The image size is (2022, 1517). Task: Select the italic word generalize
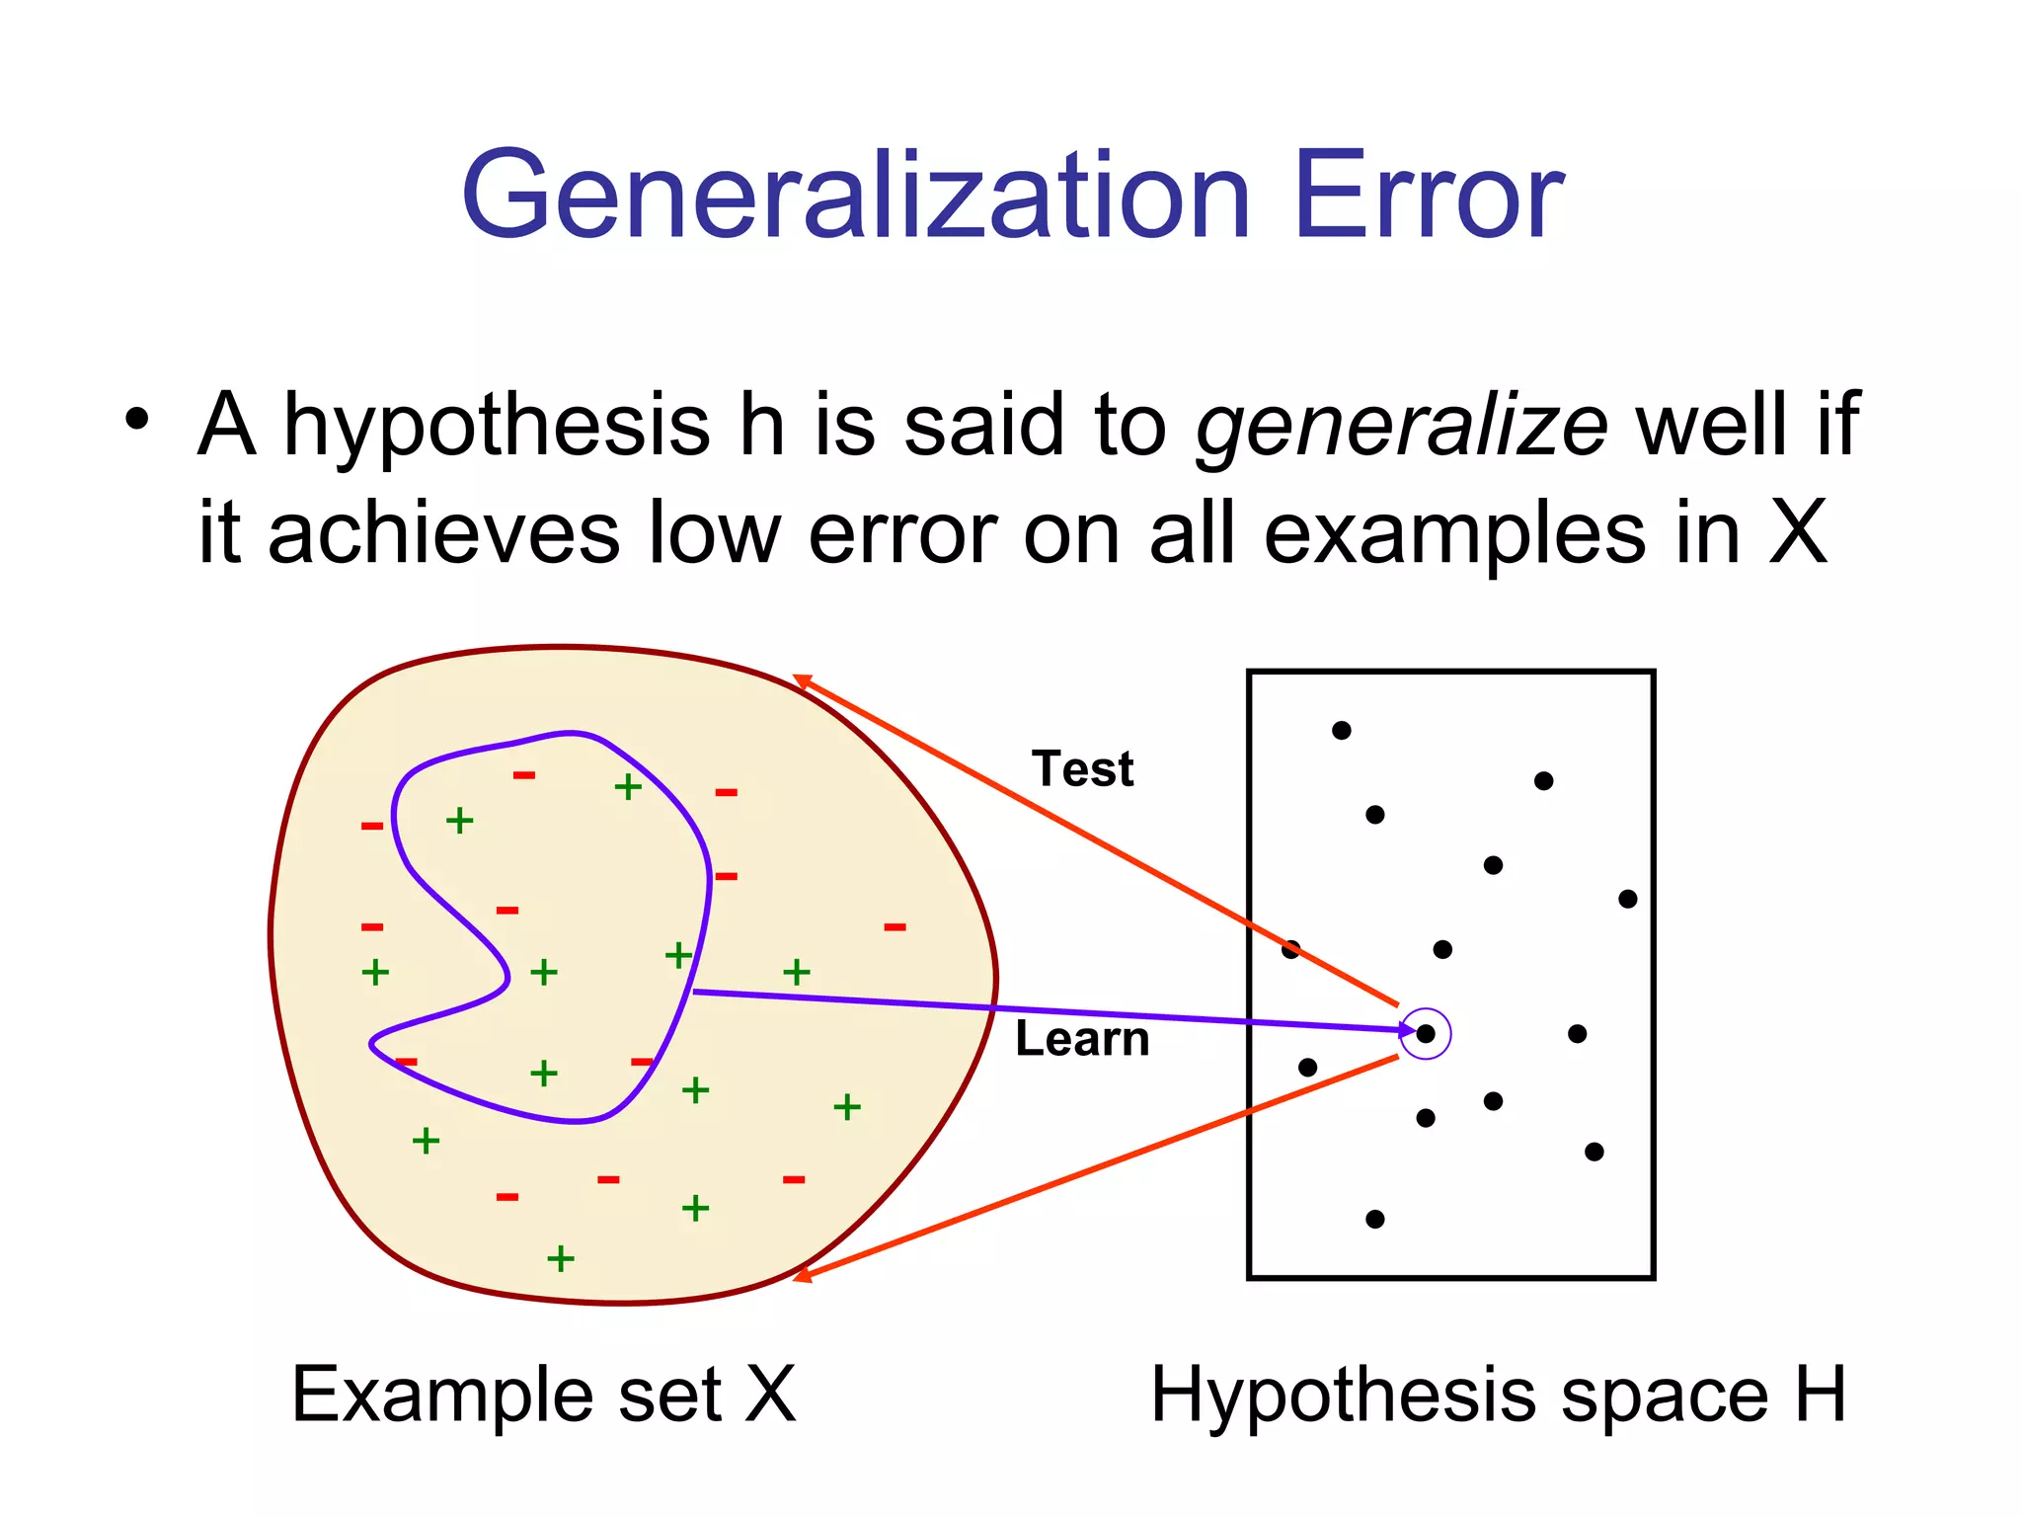[1402, 425]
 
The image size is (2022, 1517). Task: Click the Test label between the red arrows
[1082, 769]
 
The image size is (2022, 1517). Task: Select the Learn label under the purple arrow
[1082, 1040]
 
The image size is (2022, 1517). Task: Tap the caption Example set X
[543, 1395]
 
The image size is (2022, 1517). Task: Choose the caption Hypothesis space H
[1498, 1395]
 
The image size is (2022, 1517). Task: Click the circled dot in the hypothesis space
[1426, 1034]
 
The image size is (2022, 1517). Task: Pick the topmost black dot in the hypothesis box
[1341, 731]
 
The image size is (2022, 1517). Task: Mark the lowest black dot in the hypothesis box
[1374, 1220]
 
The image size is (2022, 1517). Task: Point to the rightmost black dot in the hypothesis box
[1628, 899]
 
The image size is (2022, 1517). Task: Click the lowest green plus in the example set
[561, 1259]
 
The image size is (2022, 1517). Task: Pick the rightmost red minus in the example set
[894, 927]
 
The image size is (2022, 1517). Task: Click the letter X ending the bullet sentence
[1797, 534]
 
